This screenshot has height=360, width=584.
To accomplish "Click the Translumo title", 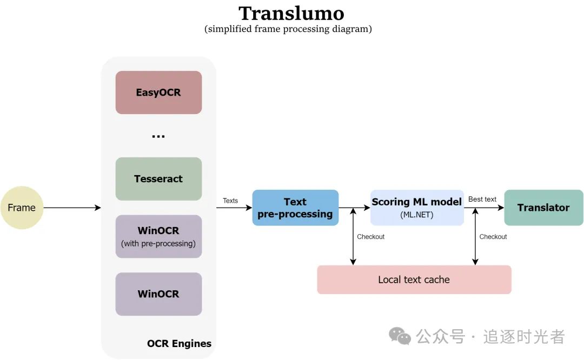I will point(291,13).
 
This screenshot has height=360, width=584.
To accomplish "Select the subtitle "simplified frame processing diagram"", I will point(288,29).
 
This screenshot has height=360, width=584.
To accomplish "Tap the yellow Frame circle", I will point(22,208).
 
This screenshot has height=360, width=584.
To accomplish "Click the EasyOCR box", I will point(158,92).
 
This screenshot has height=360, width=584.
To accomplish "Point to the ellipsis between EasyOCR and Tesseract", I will point(158,136).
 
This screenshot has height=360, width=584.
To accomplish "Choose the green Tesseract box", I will point(158,179).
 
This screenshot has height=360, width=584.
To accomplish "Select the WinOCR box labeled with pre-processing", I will point(158,236).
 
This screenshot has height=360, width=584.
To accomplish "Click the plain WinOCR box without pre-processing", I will point(158,294).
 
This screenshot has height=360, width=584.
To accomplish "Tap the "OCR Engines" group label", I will point(179,344).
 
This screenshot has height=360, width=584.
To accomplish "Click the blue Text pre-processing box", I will point(295,208).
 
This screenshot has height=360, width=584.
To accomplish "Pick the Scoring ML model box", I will point(417,208).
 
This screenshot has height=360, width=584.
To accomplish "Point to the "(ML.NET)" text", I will point(417,215).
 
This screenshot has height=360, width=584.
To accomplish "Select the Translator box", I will point(543,208).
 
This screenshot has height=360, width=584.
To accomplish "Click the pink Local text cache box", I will point(414,279).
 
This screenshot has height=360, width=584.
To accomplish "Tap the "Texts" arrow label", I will point(230,201).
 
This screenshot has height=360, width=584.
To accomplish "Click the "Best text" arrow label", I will point(482,199).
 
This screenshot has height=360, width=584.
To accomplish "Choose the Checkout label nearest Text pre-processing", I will point(371,237).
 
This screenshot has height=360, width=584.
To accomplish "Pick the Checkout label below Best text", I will point(493,237).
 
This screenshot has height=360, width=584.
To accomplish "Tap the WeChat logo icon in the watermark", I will point(400,336).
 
